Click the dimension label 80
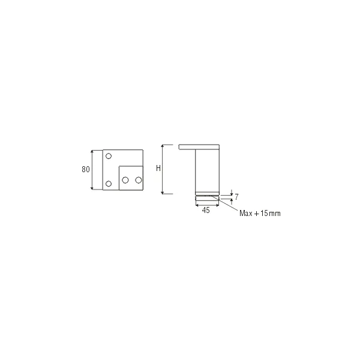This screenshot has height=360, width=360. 86,169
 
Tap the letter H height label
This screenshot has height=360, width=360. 158,168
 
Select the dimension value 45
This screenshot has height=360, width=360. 206,210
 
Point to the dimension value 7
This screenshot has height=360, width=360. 236,197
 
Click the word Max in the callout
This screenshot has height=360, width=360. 246,213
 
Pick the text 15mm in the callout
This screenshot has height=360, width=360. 270,213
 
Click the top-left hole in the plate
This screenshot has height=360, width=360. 109,156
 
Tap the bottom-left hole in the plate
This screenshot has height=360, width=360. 109,184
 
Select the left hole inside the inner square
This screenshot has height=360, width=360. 125,180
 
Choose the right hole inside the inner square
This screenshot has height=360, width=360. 139,180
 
